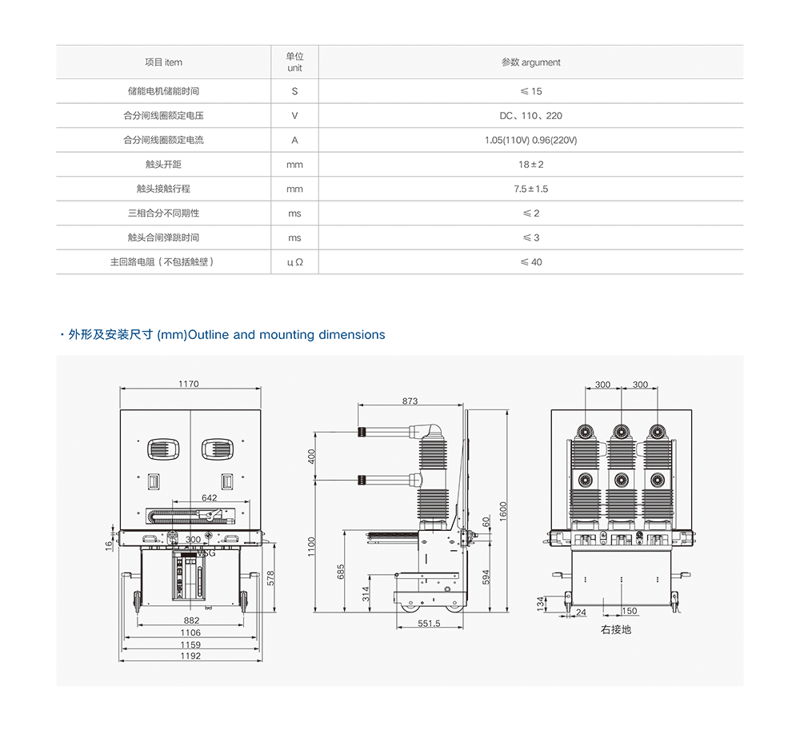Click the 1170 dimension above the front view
[x=189, y=384]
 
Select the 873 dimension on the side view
[x=410, y=401]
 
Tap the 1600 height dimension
[x=503, y=510]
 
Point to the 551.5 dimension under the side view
[x=429, y=624]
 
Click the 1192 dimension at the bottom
[x=190, y=656]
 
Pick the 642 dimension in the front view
[x=210, y=497]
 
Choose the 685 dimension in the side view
[x=342, y=572]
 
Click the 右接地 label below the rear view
[x=616, y=630]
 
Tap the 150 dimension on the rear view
[x=630, y=612]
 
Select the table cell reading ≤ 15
[x=531, y=91]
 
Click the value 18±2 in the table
[x=531, y=165]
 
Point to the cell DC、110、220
[x=531, y=116]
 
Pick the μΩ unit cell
[x=294, y=262]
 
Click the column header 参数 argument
[x=531, y=62]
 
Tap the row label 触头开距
[x=163, y=165]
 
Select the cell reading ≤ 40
[x=531, y=262]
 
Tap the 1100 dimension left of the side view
[x=312, y=547]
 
